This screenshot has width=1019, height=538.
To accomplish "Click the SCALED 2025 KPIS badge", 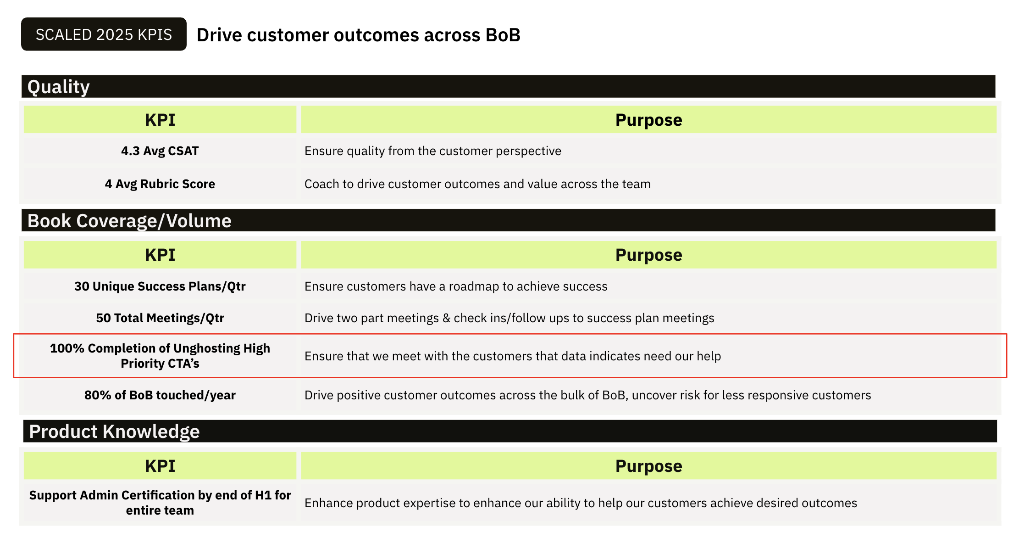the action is click(x=104, y=34).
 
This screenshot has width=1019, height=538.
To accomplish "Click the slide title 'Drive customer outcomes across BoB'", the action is click(x=359, y=35).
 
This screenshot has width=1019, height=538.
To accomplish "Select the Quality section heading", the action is click(x=58, y=87).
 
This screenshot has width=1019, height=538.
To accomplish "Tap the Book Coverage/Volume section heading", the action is click(x=129, y=221).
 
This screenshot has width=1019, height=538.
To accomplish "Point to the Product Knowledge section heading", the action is click(x=114, y=432).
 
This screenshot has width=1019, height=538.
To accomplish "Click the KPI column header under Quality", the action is click(x=160, y=120).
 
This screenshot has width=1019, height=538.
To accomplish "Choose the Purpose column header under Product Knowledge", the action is click(x=648, y=466).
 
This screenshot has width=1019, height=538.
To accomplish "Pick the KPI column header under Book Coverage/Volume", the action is click(x=160, y=255).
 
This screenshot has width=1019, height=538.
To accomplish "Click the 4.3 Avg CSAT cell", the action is click(x=160, y=151).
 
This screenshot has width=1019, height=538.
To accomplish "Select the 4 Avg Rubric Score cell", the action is click(x=160, y=184).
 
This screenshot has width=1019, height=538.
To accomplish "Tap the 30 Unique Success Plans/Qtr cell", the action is click(x=160, y=286).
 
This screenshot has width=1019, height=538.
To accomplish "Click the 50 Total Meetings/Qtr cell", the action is click(x=160, y=318).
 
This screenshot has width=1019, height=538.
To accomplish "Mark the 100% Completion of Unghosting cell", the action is click(x=160, y=356).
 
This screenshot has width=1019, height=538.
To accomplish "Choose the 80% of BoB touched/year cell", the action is click(x=160, y=395).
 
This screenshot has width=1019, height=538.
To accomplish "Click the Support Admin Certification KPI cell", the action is click(x=160, y=503).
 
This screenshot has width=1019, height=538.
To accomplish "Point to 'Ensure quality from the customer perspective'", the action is click(x=433, y=151).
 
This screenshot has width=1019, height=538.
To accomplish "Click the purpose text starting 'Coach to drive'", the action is click(x=477, y=184).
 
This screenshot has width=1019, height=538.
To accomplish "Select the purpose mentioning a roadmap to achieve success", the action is click(x=456, y=286).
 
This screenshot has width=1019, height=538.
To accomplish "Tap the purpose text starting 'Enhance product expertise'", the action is click(x=581, y=503).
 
